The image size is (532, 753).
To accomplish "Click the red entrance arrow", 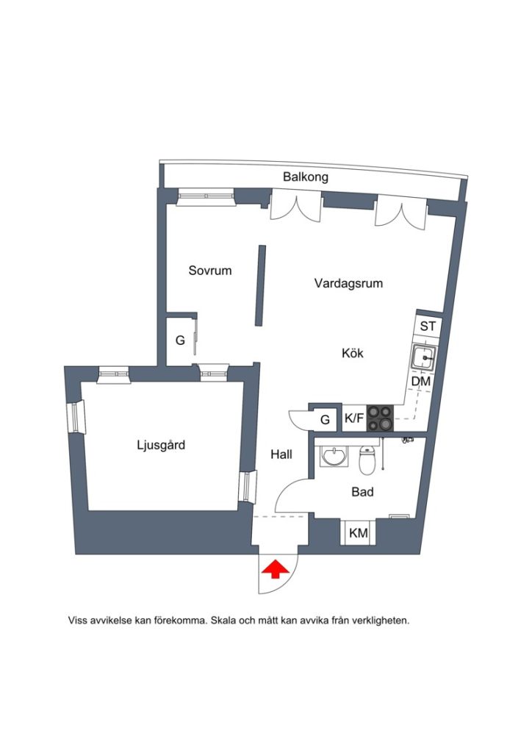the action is pyautogui.click(x=276, y=570).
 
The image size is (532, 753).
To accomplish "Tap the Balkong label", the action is pyautogui.click(x=306, y=177).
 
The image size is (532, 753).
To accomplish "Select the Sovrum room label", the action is pyautogui.click(x=210, y=271).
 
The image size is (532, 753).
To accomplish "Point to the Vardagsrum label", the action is pyautogui.click(x=349, y=283).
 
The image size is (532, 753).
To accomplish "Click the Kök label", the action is pyautogui.click(x=353, y=353).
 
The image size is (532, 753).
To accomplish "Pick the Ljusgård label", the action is pyautogui.click(x=161, y=445).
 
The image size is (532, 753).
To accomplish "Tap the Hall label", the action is pyautogui.click(x=281, y=454).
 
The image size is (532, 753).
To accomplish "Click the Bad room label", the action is pyautogui.click(x=363, y=492).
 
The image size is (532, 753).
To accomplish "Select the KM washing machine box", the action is pyautogui.click(x=358, y=532).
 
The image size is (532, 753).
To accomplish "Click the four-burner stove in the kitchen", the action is pyautogui.click(x=380, y=418).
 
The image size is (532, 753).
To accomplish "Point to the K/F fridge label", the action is pyautogui.click(x=354, y=418).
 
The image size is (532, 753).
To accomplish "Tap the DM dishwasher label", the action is pyautogui.click(x=421, y=382).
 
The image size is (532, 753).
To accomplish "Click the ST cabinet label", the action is pyautogui.click(x=428, y=326).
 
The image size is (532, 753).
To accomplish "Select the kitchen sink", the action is pyautogui.click(x=423, y=358).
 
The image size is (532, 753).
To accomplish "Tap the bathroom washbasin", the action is pyautogui.click(x=334, y=457).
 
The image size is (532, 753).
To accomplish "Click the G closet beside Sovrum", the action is pyautogui.click(x=180, y=340).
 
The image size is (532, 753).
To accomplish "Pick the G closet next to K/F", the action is pyautogui.click(x=326, y=420).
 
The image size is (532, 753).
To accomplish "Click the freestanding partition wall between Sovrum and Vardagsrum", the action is pyautogui.click(x=260, y=286).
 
